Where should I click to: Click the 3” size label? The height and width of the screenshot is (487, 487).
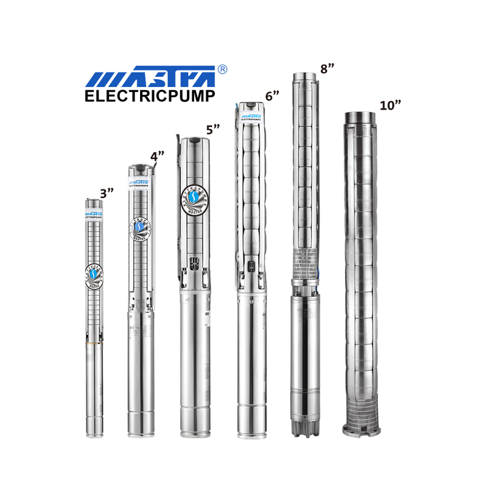(x=107, y=193)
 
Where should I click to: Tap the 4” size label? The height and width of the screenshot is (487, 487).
(x=158, y=156)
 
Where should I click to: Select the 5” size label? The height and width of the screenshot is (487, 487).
(x=212, y=130)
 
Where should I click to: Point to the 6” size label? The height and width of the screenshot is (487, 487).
(x=272, y=95)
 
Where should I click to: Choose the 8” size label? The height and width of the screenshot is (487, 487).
(x=328, y=68)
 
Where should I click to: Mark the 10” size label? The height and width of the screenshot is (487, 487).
(x=390, y=105)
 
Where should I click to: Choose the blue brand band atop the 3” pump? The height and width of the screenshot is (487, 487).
(x=95, y=214)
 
